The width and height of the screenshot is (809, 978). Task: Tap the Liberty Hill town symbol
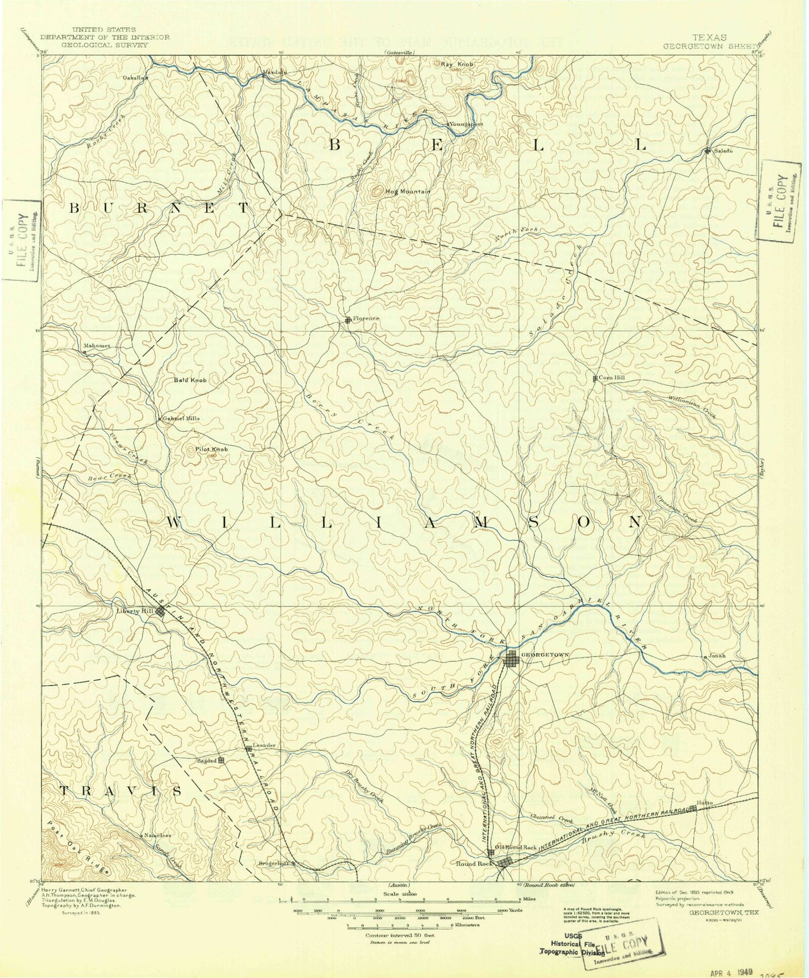click(161, 611)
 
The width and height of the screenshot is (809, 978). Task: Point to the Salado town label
click(722, 151)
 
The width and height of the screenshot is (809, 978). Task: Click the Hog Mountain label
click(408, 191)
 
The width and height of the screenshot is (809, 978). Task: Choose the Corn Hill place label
click(611, 378)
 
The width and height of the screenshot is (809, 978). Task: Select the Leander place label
click(264, 746)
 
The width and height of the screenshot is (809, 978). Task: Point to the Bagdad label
click(207, 760)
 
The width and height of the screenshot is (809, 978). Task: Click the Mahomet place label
click(97, 345)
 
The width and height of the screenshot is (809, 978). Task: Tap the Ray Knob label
click(457, 64)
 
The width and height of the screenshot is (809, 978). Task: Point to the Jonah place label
click(717, 655)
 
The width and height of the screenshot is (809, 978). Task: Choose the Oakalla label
click(134, 78)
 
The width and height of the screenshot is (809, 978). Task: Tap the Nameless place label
click(157, 835)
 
